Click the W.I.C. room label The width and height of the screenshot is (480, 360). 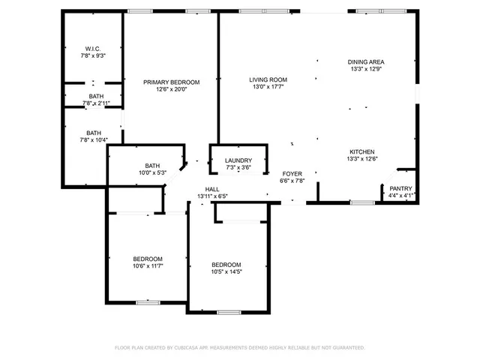(x=94, y=48)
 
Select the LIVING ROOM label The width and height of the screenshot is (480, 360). (x=268, y=79)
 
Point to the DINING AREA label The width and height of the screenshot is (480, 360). (x=366, y=61)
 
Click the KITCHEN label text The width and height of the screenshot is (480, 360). (x=361, y=151)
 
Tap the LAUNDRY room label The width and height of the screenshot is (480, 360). (x=238, y=160)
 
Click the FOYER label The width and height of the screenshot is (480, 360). (x=292, y=173)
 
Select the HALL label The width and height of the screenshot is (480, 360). (x=211, y=189)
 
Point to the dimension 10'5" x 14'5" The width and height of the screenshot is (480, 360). (x=226, y=271)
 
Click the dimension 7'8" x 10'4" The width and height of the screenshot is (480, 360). (x=94, y=139)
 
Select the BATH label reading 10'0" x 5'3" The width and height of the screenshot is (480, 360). (x=152, y=166)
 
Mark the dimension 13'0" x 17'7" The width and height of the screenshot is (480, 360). (x=268, y=86)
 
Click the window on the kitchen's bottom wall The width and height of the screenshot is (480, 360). (x=362, y=202)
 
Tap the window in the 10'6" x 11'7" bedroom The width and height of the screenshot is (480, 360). (x=147, y=302)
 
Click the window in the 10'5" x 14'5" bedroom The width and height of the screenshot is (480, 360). (x=228, y=311)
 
